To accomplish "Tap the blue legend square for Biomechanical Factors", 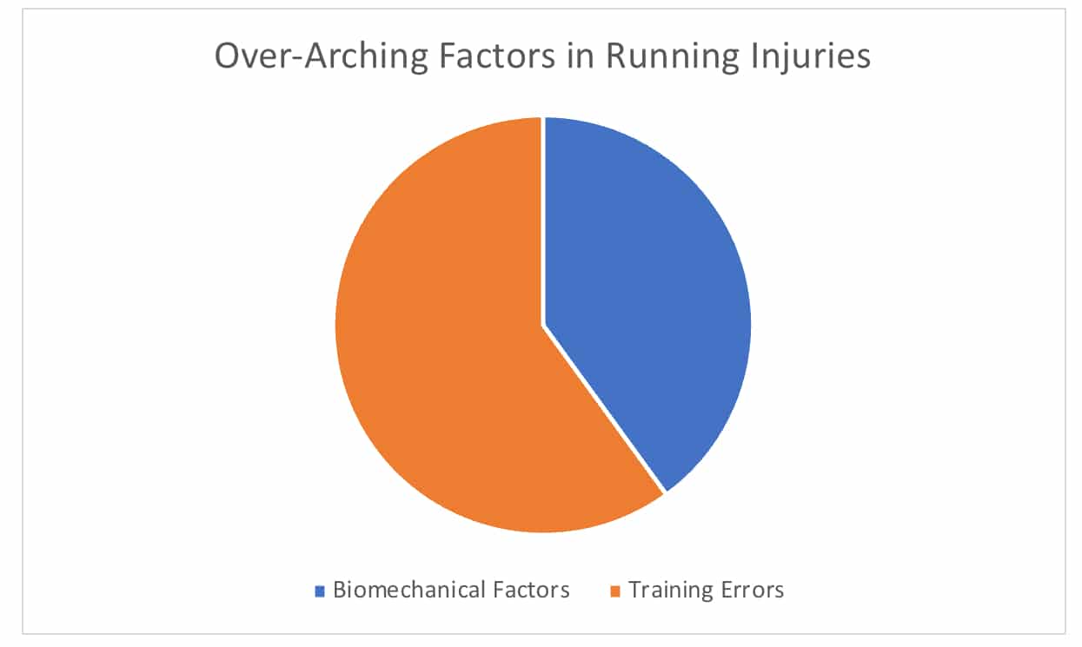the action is (x=320, y=591).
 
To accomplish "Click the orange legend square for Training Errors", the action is (x=615, y=591).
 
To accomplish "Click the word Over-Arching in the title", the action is (x=322, y=57).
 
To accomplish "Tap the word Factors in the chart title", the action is (x=497, y=56).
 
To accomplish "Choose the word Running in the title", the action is (x=672, y=57).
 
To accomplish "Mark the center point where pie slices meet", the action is (x=543, y=327).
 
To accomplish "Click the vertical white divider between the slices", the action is (x=543, y=221).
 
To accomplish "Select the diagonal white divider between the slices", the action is (x=604, y=409).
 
